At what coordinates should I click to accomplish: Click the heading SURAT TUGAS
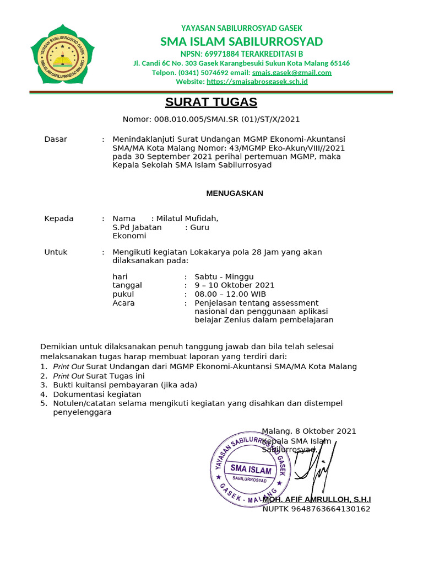pos(203,102)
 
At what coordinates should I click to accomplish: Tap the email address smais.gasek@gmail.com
pos(292,72)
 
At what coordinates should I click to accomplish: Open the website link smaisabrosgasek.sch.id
pos(257,82)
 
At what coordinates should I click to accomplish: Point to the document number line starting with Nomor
pos(211,119)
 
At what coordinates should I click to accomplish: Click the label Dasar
pos(56,139)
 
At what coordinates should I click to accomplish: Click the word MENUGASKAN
pos(235,193)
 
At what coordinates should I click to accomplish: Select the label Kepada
pos(59,218)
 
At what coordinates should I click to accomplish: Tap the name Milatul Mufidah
pos(187,218)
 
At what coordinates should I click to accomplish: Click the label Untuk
pos(56,252)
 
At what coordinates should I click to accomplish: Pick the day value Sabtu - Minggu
pos(224,277)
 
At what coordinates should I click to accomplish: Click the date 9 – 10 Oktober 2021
pos(235,285)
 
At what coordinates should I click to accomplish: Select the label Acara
pos(123,303)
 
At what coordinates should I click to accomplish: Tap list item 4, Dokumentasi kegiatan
pos(97,395)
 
